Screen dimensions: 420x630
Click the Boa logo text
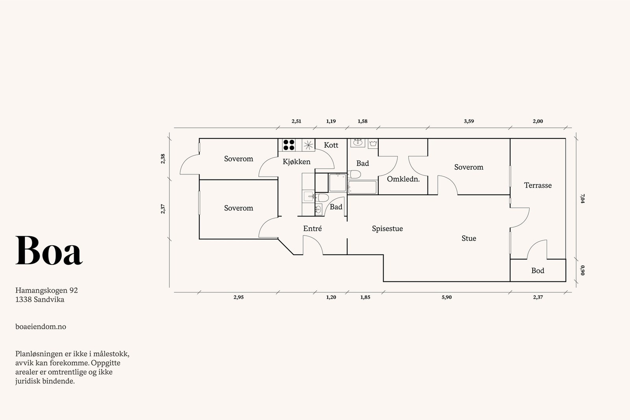coord(49,251)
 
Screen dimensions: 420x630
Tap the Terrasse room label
coord(537,185)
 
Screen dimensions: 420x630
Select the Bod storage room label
coord(537,271)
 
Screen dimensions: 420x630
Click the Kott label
coord(331,145)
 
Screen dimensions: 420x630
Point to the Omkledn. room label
coord(403,179)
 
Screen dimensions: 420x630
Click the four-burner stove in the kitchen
coord(289,145)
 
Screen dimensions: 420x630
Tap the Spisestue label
coord(387,229)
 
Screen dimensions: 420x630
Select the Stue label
coord(469,239)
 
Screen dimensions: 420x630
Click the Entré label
coord(312,229)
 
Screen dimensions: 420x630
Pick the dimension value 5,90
coord(447,298)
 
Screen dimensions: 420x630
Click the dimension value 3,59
coord(469,122)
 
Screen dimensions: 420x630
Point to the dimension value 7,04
coord(582,198)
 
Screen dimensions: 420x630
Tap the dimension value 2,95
coord(238,298)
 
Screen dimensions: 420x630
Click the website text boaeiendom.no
coord(41,327)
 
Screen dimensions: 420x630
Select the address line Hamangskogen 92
coord(46,290)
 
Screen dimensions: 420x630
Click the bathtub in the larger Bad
coord(362,187)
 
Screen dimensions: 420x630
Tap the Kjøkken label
coord(296,162)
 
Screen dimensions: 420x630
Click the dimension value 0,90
coord(582,270)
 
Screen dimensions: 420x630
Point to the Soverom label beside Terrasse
coord(469,167)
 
